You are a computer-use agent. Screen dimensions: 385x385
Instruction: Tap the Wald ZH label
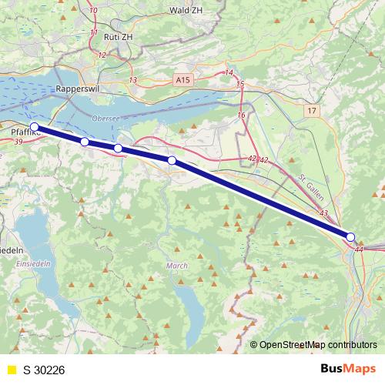point(186,11)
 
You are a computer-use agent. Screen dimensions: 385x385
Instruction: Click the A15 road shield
point(182,79)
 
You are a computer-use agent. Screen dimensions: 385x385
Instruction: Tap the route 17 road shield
point(311,112)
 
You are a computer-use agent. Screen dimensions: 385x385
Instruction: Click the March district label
point(176,266)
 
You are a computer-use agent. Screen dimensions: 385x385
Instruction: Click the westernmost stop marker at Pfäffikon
point(34,126)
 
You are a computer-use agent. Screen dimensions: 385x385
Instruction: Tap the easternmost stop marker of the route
point(350,237)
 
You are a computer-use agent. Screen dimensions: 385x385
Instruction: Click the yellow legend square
point(11,370)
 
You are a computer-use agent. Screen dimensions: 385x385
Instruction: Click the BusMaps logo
point(348,370)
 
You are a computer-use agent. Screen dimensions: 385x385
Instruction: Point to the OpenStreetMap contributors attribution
point(317,344)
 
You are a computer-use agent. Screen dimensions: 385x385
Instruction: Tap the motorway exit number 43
point(323,213)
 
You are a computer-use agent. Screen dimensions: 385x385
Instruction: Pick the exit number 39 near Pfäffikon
point(17,141)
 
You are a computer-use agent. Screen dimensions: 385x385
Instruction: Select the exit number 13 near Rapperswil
point(133,80)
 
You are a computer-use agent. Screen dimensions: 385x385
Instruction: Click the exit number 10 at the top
point(93,11)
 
